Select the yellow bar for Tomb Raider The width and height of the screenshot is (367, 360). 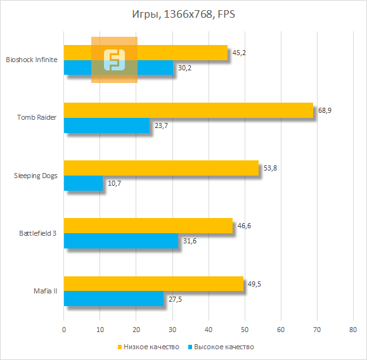point(188,110)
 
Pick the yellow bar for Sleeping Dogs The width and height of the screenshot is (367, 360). point(161,168)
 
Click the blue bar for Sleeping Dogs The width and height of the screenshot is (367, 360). point(83,184)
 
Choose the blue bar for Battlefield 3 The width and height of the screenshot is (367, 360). point(121,241)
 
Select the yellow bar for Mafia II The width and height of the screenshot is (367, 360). point(153,284)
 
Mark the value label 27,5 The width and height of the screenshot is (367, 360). point(174,300)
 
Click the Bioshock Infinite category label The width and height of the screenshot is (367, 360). point(31,60)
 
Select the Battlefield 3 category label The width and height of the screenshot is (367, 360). point(37,233)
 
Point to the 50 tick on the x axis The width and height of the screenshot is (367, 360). point(245,330)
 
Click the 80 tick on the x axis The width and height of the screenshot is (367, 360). point(353,330)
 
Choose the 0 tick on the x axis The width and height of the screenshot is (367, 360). point(64,330)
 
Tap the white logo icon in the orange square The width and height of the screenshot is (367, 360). point(114,60)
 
